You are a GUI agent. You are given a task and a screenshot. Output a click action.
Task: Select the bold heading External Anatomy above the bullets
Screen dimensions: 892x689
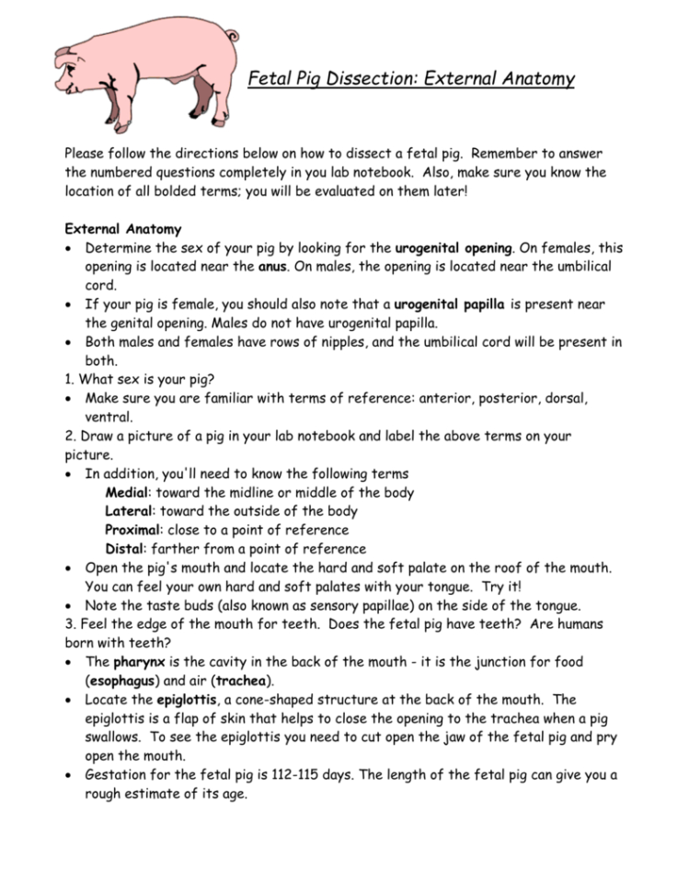(x=122, y=229)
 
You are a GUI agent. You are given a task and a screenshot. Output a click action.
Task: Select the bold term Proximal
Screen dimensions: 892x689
(x=134, y=531)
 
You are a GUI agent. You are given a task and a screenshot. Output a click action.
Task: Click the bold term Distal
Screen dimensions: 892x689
(x=127, y=549)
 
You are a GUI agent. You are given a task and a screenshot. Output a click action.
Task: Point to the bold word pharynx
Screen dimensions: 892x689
(x=141, y=662)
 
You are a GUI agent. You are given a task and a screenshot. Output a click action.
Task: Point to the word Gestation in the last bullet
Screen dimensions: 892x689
(x=120, y=775)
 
